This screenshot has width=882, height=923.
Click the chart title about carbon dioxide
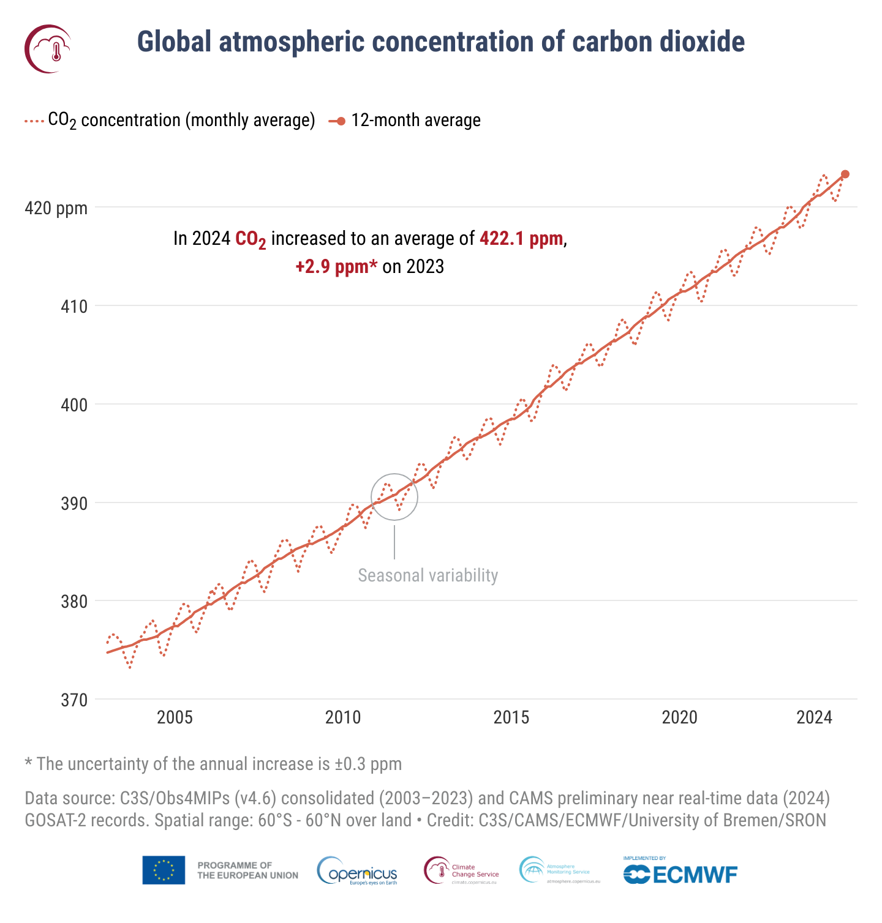point(440,42)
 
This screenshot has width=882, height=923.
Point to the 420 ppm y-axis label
point(56,208)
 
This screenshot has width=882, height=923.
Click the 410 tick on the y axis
point(73,306)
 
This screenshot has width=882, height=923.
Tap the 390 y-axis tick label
point(73,503)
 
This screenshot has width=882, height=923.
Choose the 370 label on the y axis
point(73,700)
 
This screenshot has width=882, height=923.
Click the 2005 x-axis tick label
point(175,717)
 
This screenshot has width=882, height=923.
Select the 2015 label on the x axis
point(511,717)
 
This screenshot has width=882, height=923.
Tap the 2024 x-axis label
point(814,717)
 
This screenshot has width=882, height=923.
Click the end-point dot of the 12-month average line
point(845,174)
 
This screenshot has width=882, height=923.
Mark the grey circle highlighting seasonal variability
point(394,497)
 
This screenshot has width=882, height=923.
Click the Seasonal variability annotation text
point(428,575)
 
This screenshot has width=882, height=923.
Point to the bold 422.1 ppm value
point(521,238)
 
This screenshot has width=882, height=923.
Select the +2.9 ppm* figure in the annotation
point(336,267)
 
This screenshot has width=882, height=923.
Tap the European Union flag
point(164,870)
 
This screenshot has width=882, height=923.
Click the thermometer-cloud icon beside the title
point(48,48)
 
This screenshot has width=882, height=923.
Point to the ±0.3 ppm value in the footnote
point(368,764)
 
